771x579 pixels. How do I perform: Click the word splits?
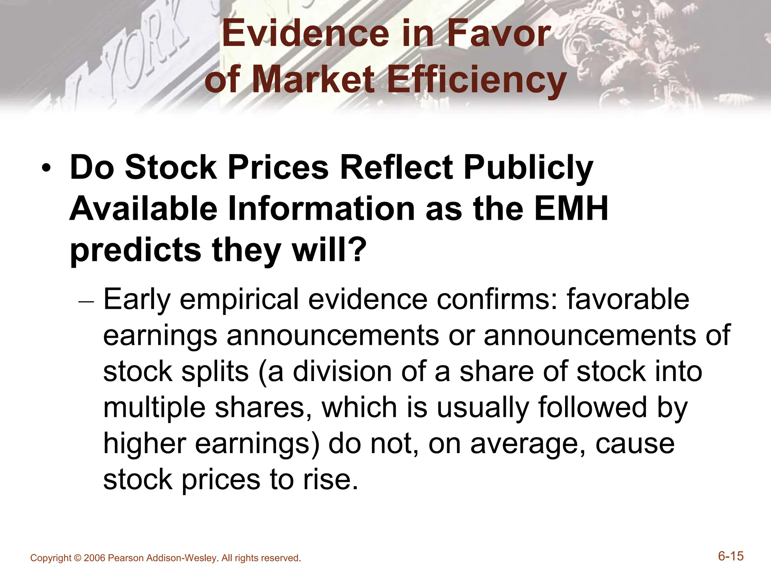click(x=215, y=372)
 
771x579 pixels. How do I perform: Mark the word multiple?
click(x=155, y=409)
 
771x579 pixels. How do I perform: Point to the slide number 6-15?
click(x=731, y=556)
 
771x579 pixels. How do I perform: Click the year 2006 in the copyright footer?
click(x=94, y=558)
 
